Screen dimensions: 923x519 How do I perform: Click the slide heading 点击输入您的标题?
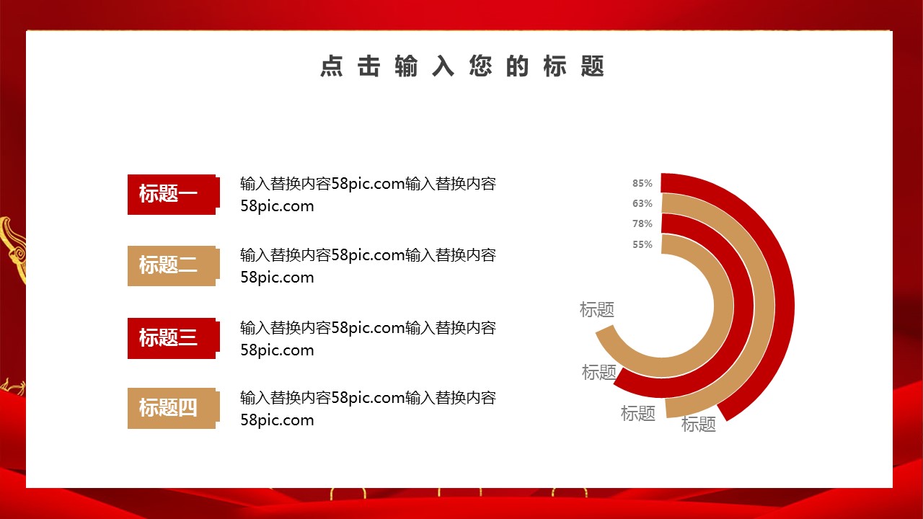click(x=462, y=66)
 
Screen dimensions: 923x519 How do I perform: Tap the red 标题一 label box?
click(x=174, y=195)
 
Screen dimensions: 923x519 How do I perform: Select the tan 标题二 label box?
click(x=174, y=266)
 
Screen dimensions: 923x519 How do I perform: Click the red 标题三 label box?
click(x=174, y=338)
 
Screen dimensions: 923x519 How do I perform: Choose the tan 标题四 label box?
click(x=174, y=408)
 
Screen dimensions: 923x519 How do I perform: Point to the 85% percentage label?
click(x=642, y=183)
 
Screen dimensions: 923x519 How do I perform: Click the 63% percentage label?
click(x=642, y=203)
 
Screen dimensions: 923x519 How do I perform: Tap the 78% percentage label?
click(x=642, y=223)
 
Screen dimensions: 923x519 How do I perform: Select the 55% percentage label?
click(x=642, y=244)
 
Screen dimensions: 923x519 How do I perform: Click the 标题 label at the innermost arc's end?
click(x=596, y=310)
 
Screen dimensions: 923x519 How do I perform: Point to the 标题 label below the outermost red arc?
click(x=699, y=425)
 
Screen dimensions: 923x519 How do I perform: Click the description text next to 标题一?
click(x=368, y=195)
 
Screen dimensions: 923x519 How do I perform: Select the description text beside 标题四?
click(x=368, y=409)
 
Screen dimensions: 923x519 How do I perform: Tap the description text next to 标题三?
click(x=368, y=339)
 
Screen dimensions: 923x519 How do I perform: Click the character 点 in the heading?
click(x=332, y=66)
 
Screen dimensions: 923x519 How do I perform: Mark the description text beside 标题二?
click(x=368, y=266)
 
